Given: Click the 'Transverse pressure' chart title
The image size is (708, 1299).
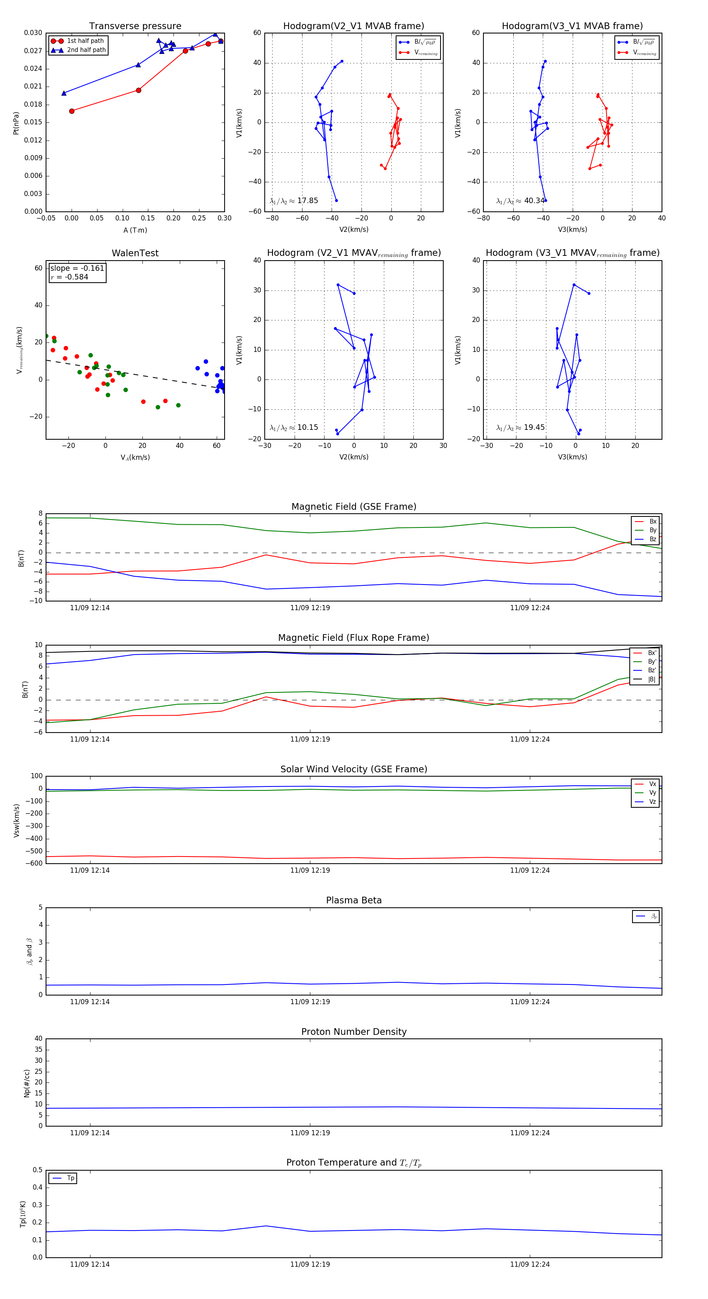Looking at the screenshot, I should pyautogui.click(x=135, y=26).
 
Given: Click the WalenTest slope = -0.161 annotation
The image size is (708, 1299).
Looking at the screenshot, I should pyautogui.click(x=77, y=268).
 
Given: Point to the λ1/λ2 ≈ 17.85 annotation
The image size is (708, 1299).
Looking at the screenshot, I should pyautogui.click(x=294, y=201).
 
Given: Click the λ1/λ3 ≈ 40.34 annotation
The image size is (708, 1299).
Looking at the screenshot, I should pyautogui.click(x=520, y=201).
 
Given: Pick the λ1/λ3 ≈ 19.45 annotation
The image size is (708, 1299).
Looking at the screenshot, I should pyautogui.click(x=520, y=427).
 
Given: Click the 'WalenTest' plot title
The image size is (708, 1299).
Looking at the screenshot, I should pyautogui.click(x=135, y=253).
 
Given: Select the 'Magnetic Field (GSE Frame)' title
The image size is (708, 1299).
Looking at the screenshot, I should pyautogui.click(x=354, y=507).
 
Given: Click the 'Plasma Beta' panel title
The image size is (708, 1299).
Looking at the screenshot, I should pyautogui.click(x=354, y=901).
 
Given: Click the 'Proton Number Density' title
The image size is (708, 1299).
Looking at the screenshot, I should pyautogui.click(x=354, y=1032).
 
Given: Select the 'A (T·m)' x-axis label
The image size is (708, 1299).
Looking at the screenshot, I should pyautogui.click(x=135, y=230).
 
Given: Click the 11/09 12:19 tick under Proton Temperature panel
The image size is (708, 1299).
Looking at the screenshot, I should pyautogui.click(x=310, y=1264).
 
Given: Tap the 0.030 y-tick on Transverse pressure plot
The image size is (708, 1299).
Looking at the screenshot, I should pyautogui.click(x=33, y=33).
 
